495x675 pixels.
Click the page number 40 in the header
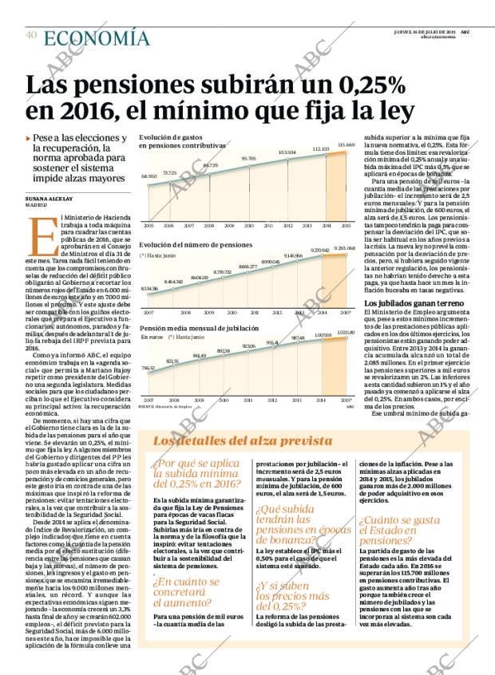[31, 35]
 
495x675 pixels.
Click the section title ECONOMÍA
[96, 37]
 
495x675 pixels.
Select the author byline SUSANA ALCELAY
[52, 197]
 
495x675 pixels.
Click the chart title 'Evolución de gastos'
[168, 137]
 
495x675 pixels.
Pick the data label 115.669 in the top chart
[346, 145]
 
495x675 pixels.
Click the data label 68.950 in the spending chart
[148, 176]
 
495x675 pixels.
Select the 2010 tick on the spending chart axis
[248, 226]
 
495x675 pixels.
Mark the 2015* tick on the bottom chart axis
[346, 399]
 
